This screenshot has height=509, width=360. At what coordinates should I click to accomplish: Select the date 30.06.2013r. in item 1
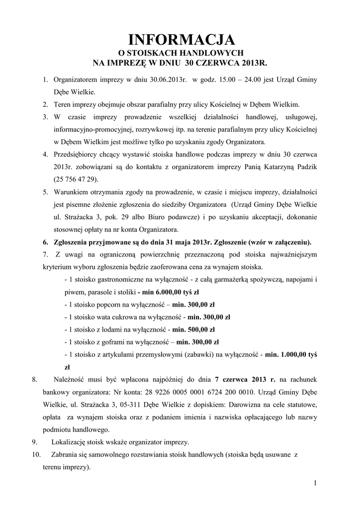[168, 80]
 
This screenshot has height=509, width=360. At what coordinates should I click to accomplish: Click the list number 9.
[34, 442]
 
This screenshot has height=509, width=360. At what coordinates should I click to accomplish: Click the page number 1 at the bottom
[316, 483]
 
